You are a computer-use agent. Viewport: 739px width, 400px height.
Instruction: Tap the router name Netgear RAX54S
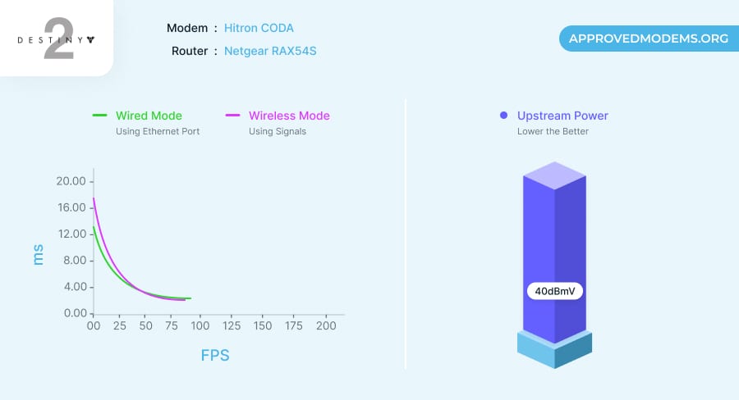click(270, 51)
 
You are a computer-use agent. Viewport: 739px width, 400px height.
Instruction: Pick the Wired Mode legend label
click(149, 116)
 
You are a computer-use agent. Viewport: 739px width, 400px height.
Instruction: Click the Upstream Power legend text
click(562, 116)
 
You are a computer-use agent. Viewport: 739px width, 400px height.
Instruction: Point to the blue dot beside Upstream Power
click(504, 116)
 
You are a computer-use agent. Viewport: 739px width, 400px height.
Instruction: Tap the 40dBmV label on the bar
click(555, 291)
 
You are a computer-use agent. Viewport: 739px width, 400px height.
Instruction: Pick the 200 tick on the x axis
click(326, 326)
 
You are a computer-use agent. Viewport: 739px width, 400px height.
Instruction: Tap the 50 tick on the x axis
click(145, 326)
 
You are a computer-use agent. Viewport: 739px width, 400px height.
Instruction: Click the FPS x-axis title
click(215, 356)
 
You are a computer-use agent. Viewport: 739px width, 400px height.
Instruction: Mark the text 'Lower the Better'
click(553, 131)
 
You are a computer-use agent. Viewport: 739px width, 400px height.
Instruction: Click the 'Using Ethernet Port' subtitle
click(158, 131)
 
